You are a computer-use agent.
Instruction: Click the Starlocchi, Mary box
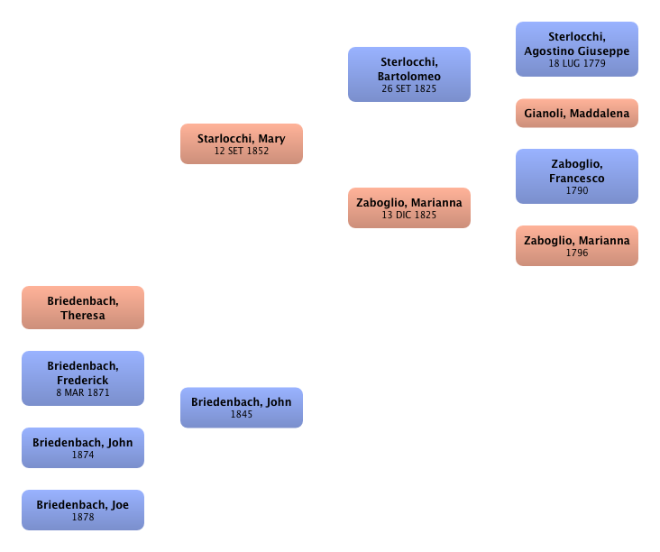242,144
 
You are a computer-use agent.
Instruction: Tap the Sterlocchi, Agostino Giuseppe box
576,50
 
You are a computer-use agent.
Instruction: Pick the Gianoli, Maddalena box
576,115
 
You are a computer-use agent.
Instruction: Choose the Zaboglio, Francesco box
576,177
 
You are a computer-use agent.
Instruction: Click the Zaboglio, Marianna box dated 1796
576,245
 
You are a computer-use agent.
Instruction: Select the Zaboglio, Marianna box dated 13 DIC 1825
409,208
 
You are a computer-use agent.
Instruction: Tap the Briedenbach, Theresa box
82,308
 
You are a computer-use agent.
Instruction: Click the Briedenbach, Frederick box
82,378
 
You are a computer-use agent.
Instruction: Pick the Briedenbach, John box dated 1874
82,447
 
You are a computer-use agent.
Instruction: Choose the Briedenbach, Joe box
82,510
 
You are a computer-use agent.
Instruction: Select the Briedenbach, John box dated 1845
242,408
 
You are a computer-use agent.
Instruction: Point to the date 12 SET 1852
242,152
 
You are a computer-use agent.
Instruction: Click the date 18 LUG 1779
576,64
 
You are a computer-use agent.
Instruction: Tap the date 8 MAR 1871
82,393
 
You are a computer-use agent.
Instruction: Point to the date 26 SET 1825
409,89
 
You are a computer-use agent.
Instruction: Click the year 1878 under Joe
82,518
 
